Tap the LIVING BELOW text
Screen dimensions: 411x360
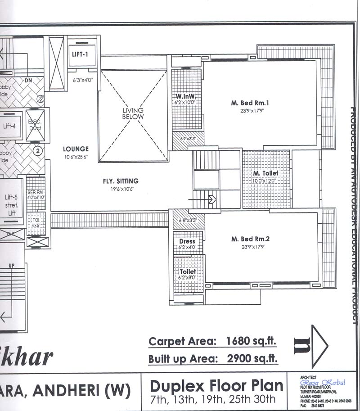(134, 113)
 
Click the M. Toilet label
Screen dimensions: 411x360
(265, 173)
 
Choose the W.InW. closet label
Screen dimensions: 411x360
(185, 96)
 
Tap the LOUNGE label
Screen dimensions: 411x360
(76, 149)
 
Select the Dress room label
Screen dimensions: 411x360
(187, 241)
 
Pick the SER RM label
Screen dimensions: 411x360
(36, 192)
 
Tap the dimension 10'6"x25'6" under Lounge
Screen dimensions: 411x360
(76, 157)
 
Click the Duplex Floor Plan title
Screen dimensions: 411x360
(216, 386)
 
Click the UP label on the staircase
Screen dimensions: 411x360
(12, 266)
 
